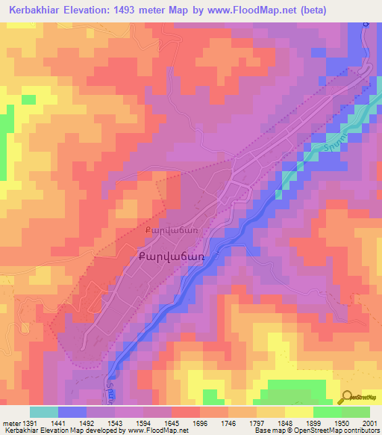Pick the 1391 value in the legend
click(31, 423)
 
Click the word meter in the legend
click(10, 423)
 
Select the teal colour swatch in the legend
click(44, 412)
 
